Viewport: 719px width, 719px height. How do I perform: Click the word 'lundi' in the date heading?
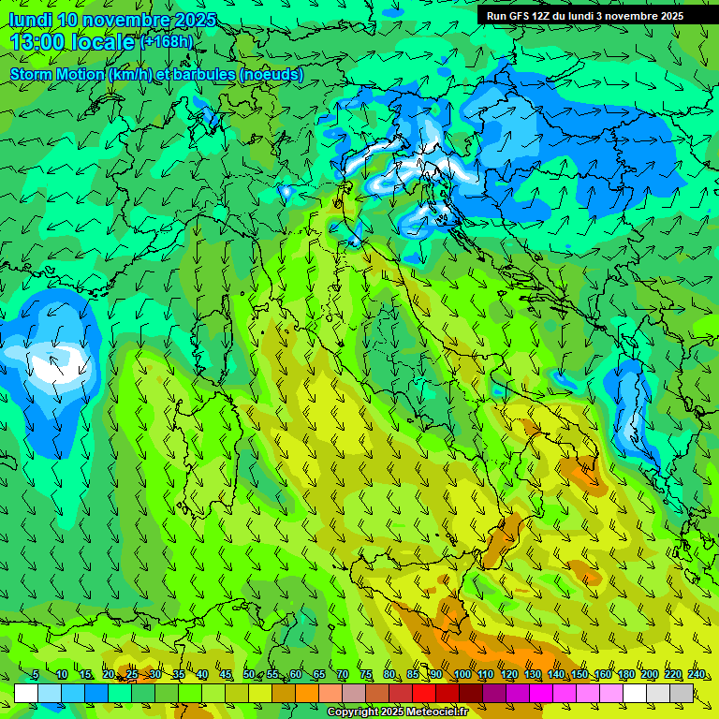pyautogui.click(x=29, y=20)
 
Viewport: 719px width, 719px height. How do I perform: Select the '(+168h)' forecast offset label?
pyautogui.click(x=167, y=42)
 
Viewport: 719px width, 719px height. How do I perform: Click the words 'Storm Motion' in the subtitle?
pyautogui.click(x=57, y=74)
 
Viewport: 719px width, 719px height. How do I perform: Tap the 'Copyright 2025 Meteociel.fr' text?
pyautogui.click(x=396, y=712)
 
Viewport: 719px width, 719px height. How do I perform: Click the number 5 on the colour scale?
pyautogui.click(x=36, y=674)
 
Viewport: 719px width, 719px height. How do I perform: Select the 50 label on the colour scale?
pyautogui.click(x=249, y=674)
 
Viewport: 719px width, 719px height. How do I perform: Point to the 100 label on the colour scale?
pyautogui.click(x=462, y=674)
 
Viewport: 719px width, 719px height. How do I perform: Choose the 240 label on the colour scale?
pyautogui.click(x=696, y=674)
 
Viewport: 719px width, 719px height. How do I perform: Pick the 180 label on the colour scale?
pyautogui.click(x=625, y=674)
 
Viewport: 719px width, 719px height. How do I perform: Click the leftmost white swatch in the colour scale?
pyautogui.click(x=26, y=693)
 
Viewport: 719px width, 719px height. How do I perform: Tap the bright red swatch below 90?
pyautogui.click(x=424, y=693)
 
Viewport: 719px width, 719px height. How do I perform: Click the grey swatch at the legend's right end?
pyautogui.click(x=682, y=693)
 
